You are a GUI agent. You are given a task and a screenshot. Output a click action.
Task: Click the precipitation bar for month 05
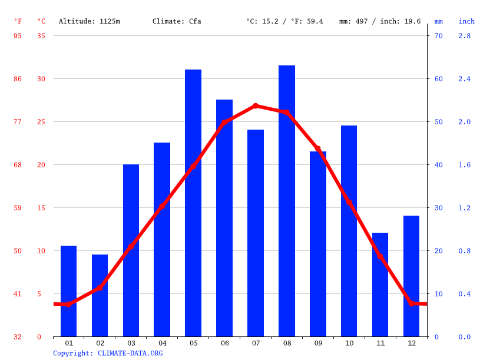tap(193, 203)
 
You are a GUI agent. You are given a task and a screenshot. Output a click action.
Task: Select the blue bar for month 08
tap(287, 201)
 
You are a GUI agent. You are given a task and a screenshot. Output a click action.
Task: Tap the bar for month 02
tap(100, 296)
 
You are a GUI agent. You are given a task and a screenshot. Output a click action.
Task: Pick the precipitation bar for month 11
tap(380, 285)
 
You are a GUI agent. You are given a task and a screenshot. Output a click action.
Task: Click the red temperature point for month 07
tap(256, 106)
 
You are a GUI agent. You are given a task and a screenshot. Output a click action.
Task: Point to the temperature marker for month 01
tap(69, 304)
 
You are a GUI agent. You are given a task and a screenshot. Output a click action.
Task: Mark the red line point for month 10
tap(349, 202)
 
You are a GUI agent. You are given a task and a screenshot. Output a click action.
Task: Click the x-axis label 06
tap(224, 343)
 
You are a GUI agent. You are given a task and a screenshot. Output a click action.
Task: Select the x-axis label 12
tap(412, 343)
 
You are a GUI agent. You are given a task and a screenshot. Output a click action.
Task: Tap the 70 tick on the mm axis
tap(438, 35)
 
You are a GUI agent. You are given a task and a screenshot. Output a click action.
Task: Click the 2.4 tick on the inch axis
tap(465, 78)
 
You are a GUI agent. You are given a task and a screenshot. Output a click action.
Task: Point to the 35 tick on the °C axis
tap(41, 35)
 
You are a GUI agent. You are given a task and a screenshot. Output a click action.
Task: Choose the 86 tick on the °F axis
tap(18, 78)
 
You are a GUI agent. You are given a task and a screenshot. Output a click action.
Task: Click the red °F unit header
tap(18, 21)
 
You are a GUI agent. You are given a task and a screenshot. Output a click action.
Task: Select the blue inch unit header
tap(466, 21)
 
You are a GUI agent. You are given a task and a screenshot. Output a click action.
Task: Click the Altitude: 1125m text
tap(89, 21)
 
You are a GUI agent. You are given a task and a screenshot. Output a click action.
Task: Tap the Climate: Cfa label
tap(177, 21)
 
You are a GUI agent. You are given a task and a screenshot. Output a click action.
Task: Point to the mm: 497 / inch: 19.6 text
tap(380, 21)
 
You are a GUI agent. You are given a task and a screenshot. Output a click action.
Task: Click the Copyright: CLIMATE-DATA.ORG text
tap(108, 353)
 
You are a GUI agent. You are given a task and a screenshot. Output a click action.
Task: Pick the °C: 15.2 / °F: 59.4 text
tap(284, 21)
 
